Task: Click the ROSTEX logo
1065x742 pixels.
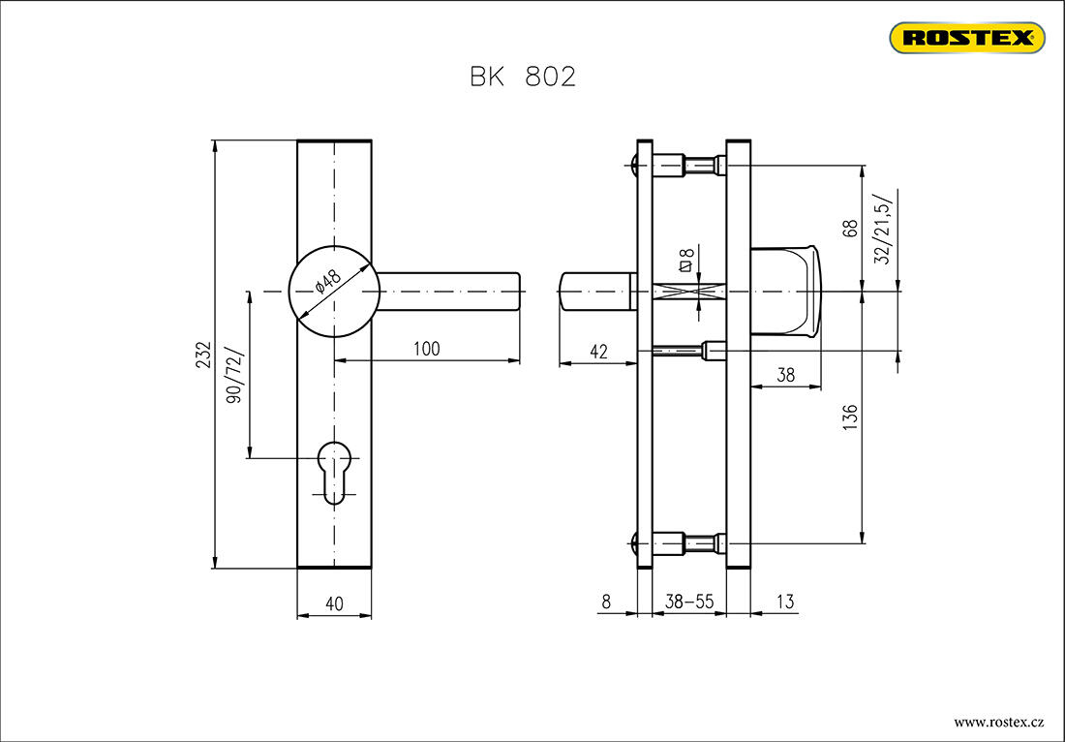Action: pos(966,38)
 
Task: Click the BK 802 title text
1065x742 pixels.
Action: pos(523,77)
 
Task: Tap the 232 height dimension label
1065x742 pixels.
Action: pos(202,355)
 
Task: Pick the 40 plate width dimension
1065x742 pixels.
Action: pos(334,603)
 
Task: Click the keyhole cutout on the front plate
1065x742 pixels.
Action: pos(334,469)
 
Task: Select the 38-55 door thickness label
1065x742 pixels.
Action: pos(689,603)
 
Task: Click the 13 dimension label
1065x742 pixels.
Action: pos(784,603)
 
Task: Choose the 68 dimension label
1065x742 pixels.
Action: pos(851,229)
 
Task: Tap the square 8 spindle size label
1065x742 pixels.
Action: pos(685,259)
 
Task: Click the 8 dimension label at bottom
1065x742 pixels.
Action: pos(606,603)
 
